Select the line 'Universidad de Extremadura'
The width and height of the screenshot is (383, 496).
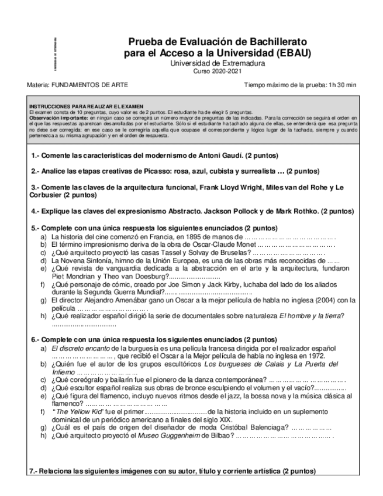pyautogui.click(x=217, y=63)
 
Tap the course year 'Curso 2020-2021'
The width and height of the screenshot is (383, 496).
pyautogui.click(x=217, y=71)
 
